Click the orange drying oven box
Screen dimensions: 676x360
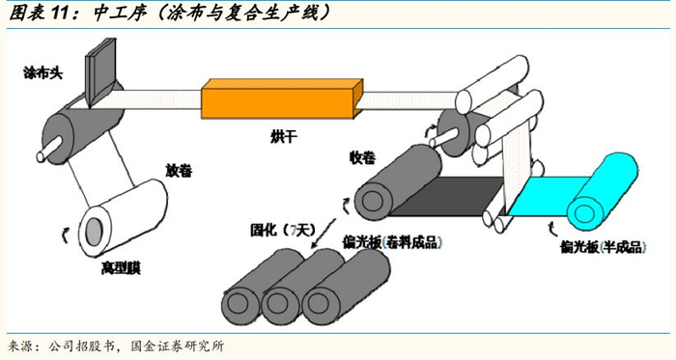point(282,98)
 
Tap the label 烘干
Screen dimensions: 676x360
point(284,137)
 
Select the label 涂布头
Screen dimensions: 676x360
point(43,72)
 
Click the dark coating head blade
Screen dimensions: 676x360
point(101,71)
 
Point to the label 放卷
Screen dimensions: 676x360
point(179,171)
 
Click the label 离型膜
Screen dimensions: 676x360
point(121,268)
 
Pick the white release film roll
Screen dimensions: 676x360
point(123,217)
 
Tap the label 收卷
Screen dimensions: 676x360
point(362,158)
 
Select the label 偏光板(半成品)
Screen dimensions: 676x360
point(604,247)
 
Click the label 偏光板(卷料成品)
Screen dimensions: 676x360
point(392,242)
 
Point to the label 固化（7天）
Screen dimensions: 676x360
point(283,230)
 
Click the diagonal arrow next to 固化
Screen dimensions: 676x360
point(324,233)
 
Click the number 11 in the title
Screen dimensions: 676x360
point(60,14)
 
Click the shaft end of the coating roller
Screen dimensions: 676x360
point(42,155)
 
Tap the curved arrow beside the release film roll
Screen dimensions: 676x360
point(65,235)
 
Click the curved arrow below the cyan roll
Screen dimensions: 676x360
point(552,230)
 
